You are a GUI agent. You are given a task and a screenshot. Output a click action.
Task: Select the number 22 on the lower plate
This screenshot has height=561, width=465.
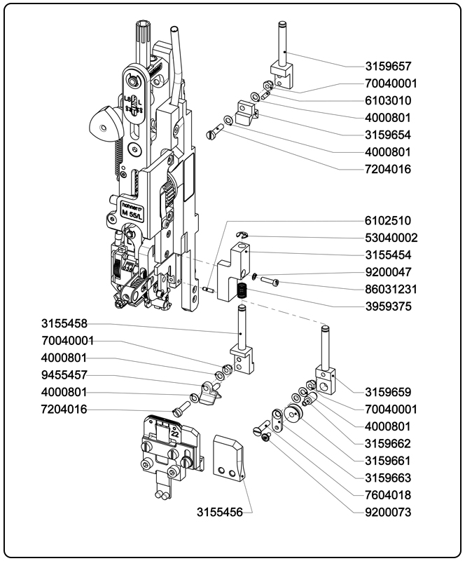pyautogui.click(x=174, y=432)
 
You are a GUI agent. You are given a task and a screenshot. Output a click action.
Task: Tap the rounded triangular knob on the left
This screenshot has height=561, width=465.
pyautogui.click(x=103, y=125)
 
